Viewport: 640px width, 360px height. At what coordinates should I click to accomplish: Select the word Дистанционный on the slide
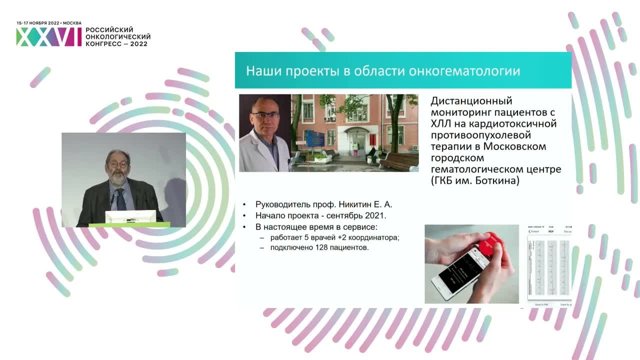pos(471,101)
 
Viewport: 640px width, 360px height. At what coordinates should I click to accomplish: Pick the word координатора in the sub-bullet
pos(376,237)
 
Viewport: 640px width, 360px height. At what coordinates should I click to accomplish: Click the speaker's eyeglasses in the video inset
pos(117,163)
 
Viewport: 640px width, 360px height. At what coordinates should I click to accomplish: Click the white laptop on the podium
pos(130,216)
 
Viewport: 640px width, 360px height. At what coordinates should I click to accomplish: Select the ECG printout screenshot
pos(549,265)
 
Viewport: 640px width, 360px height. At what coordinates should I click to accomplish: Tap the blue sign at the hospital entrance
pos(315,137)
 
